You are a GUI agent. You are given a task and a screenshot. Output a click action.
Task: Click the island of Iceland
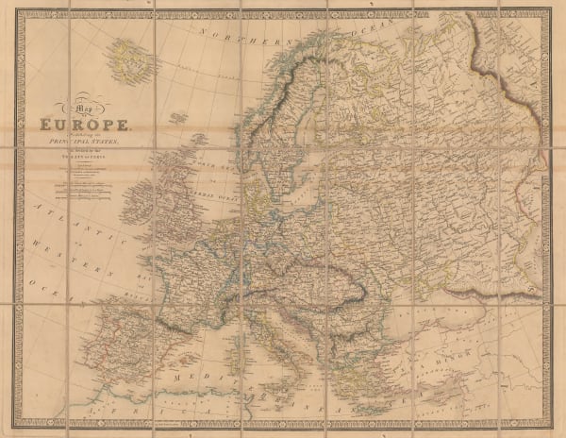[128, 58]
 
